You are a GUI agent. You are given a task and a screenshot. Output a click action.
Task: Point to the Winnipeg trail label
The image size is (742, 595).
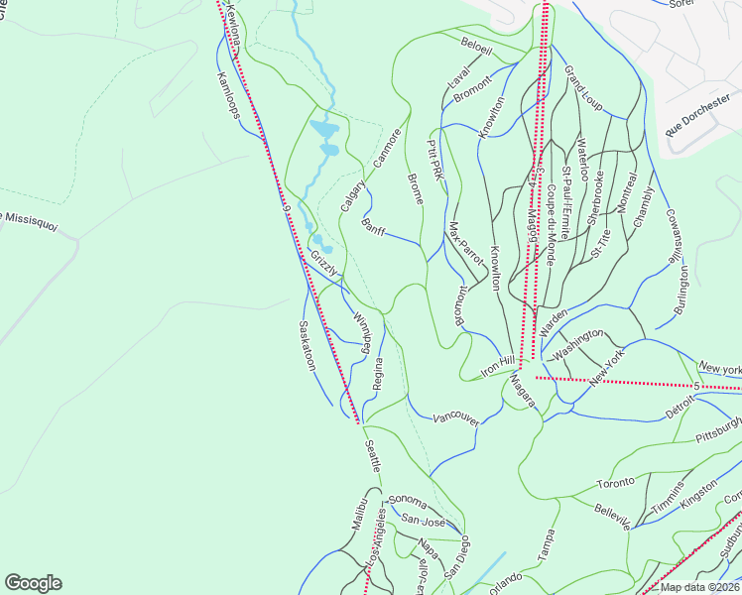362,333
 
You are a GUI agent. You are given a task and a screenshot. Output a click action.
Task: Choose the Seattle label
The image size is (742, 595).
372,463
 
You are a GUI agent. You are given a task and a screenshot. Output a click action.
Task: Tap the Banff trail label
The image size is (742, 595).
374,227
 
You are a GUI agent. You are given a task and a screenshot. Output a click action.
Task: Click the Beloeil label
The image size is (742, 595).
476,45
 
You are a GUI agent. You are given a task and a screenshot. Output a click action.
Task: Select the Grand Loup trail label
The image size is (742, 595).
583,88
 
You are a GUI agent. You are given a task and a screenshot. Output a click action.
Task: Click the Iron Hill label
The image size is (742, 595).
498,365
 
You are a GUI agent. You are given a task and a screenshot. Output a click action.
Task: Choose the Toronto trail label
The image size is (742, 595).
615,483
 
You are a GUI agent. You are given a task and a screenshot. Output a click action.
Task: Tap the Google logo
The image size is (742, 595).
33,583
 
